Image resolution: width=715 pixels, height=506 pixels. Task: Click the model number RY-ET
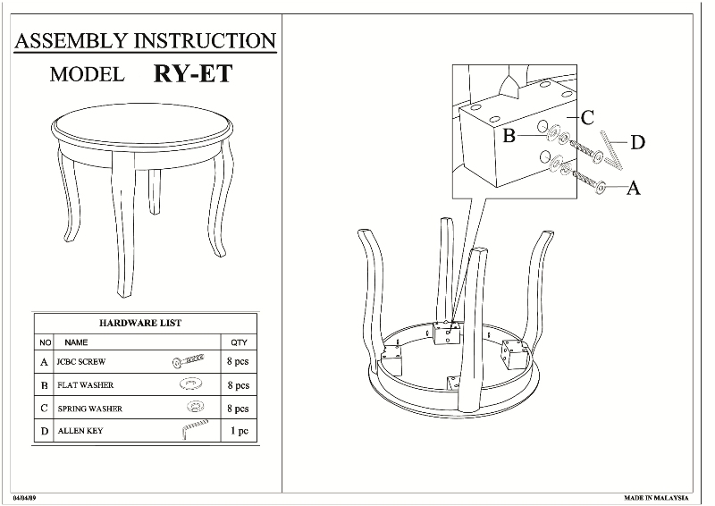point(193,72)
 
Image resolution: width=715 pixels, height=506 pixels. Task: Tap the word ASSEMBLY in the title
point(72,40)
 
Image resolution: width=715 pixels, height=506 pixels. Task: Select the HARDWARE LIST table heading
point(140,323)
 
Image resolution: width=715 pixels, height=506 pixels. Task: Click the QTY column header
point(239,342)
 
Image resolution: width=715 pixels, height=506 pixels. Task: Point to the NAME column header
point(76,342)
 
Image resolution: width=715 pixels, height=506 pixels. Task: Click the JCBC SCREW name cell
point(81,362)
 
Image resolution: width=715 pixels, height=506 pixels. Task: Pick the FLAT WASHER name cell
point(86,385)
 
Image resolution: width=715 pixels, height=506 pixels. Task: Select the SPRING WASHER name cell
point(90,409)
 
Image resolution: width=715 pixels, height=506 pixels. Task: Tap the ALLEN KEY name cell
point(80,431)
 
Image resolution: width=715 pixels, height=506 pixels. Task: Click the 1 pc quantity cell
point(239,431)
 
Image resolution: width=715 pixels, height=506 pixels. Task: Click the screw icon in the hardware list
point(189,361)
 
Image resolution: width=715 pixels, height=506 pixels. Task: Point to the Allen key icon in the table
point(191,430)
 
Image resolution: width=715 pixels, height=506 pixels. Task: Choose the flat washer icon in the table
point(189,385)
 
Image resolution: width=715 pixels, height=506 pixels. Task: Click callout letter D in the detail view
point(637,142)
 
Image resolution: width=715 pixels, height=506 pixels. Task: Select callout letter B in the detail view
point(509,136)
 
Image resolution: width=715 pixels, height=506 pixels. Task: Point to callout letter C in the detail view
point(587,117)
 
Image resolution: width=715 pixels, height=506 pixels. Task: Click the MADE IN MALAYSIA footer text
point(656,496)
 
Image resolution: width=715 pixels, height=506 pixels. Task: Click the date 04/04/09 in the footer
point(24,496)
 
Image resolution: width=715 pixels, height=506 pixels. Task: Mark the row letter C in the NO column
point(44,409)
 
